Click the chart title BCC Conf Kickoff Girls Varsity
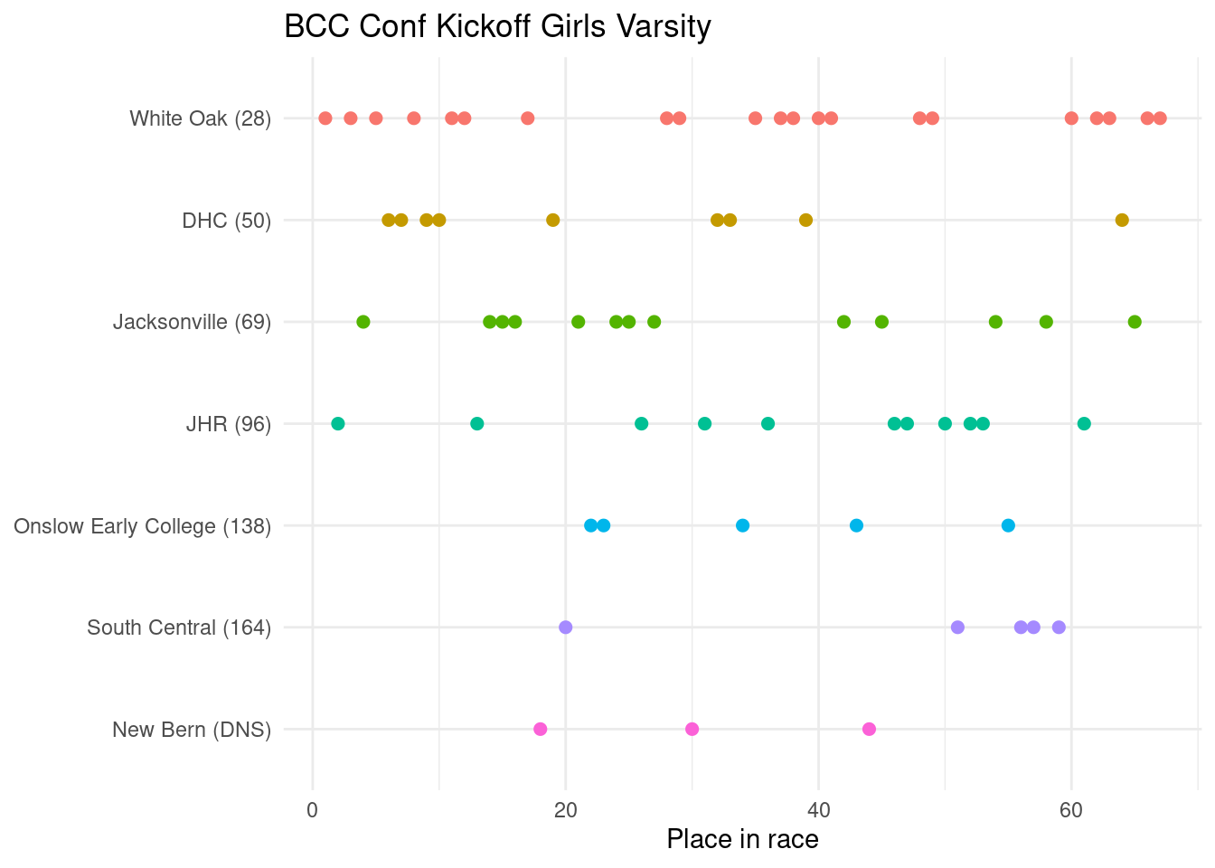497,27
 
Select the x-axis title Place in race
742,839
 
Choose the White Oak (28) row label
200,118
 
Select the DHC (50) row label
226,221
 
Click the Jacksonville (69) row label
192,322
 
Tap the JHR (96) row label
228,424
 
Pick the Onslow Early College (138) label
142,526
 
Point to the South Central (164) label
179,627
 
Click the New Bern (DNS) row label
192,730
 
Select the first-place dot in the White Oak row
325,118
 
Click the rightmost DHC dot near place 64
1122,220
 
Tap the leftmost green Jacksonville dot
363,322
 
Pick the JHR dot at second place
338,423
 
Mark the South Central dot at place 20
566,627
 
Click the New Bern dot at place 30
692,729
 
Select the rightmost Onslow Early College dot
1008,525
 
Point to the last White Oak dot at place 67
1160,118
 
